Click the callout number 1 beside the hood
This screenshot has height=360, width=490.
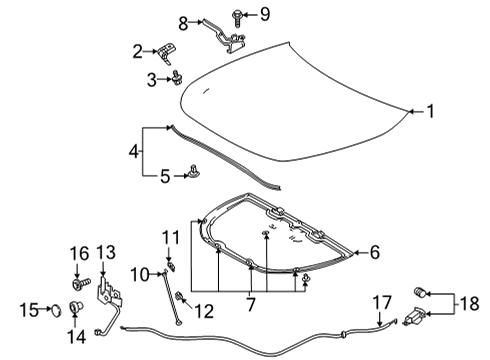431,112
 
